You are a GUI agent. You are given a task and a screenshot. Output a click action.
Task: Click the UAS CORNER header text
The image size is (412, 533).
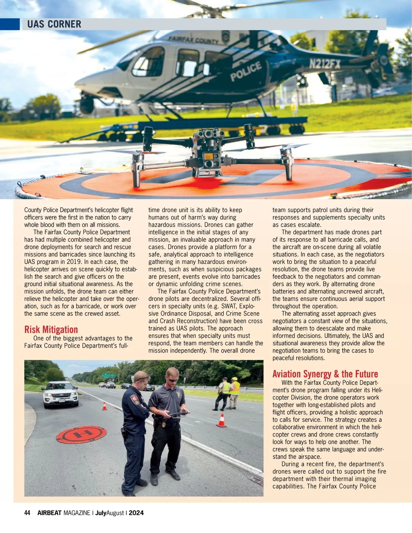[54, 24]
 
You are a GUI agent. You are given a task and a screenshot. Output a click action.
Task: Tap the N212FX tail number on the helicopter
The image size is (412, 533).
[324, 64]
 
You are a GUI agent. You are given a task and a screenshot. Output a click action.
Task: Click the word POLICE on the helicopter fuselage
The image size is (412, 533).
[245, 71]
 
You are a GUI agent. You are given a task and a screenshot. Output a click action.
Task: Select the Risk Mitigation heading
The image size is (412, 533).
[51, 329]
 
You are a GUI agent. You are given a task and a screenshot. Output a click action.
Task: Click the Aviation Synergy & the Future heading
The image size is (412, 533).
[325, 374]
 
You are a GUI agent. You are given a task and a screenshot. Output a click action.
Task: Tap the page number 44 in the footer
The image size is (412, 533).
[27, 513]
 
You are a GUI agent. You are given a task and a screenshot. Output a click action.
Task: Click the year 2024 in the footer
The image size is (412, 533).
[136, 513]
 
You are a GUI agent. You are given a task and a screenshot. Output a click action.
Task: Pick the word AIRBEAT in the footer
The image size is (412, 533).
[49, 513]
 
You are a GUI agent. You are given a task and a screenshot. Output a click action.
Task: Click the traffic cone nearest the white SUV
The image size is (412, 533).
[104, 406]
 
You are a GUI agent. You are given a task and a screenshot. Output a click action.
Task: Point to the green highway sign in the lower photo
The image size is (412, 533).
[106, 375]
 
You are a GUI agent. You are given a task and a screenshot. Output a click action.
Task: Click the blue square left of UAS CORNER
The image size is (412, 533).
[10, 24]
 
